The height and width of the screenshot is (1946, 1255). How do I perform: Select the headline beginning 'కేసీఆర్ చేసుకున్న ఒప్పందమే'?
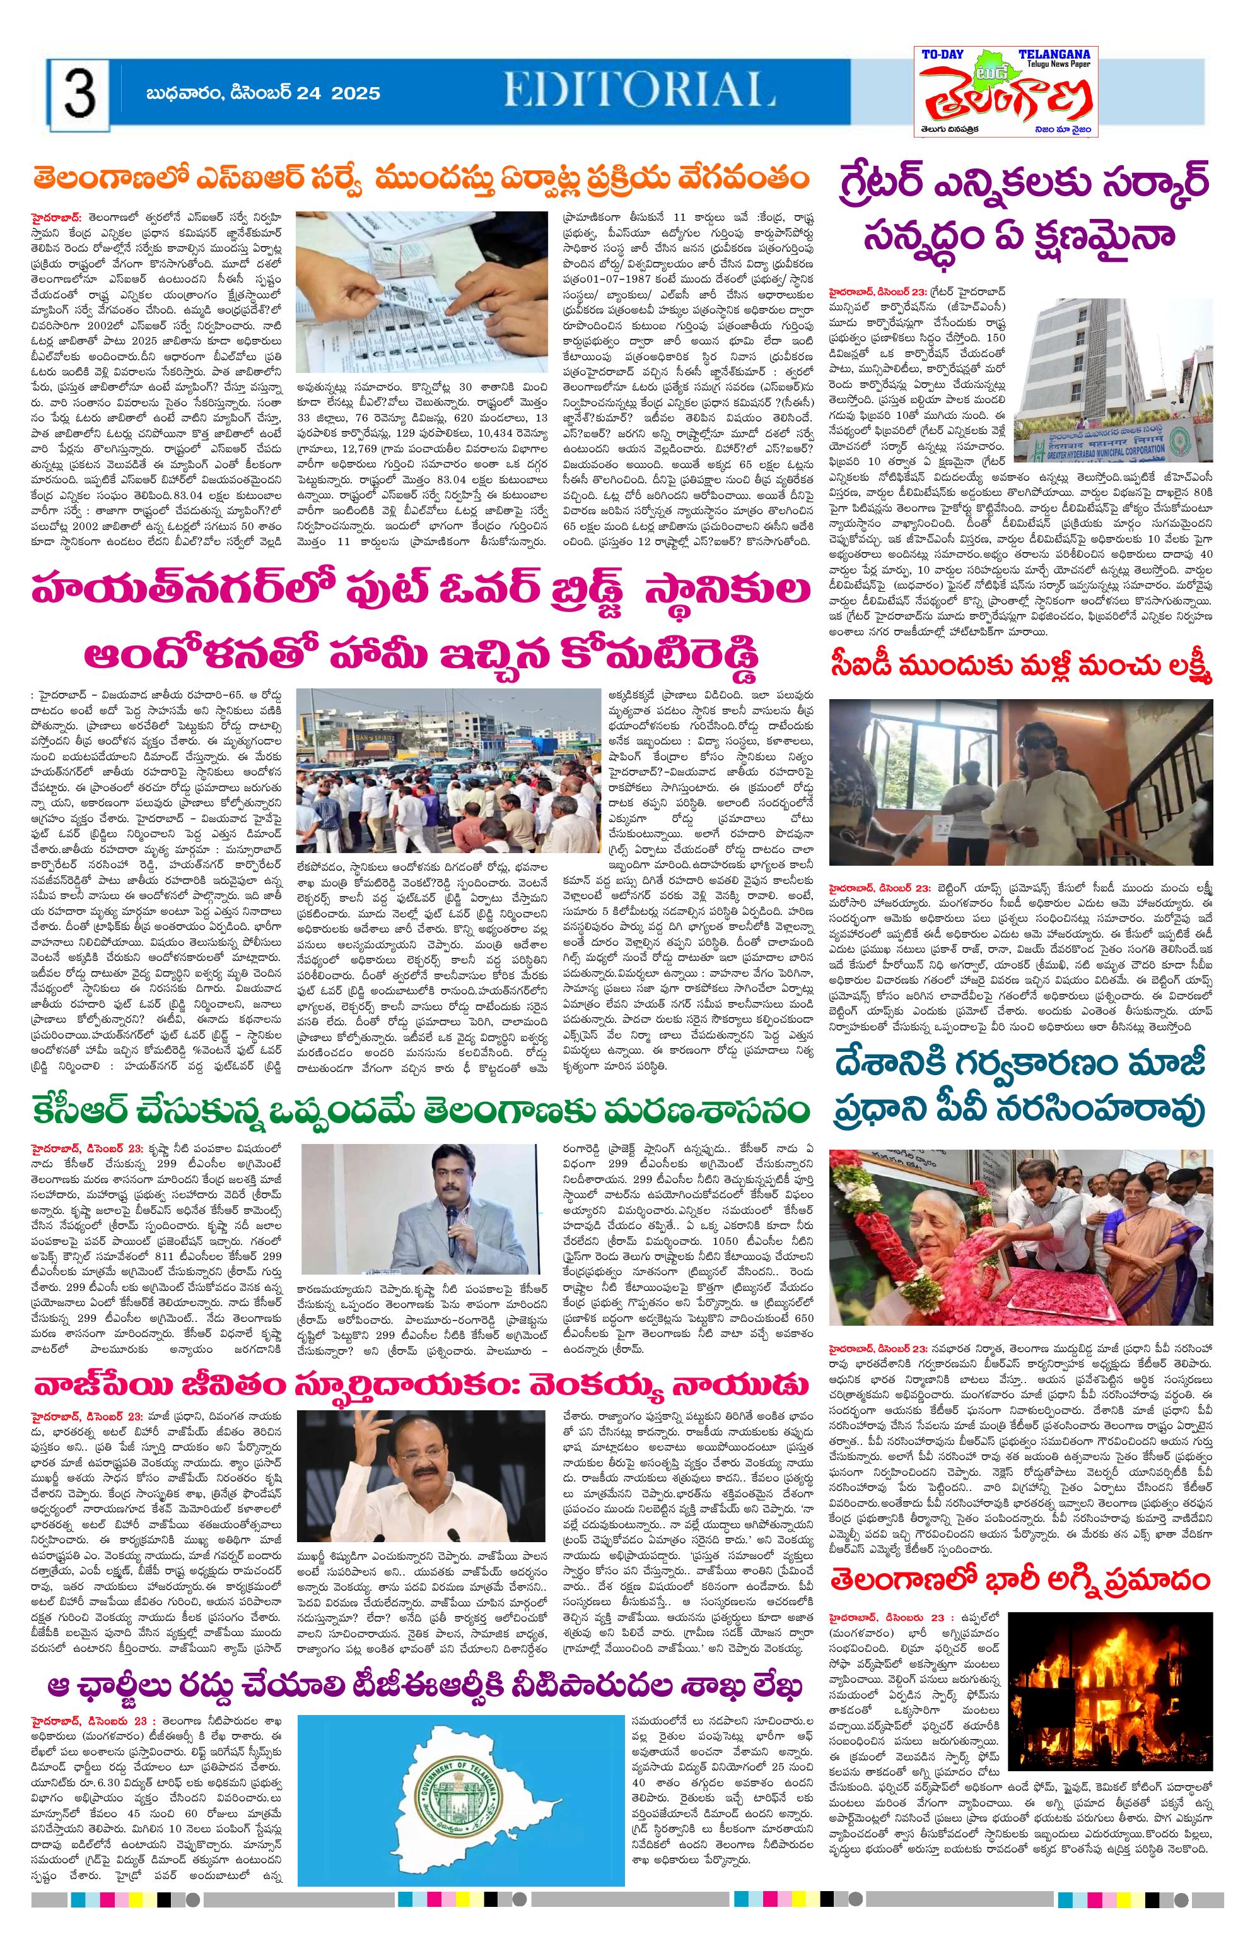[421, 1111]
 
